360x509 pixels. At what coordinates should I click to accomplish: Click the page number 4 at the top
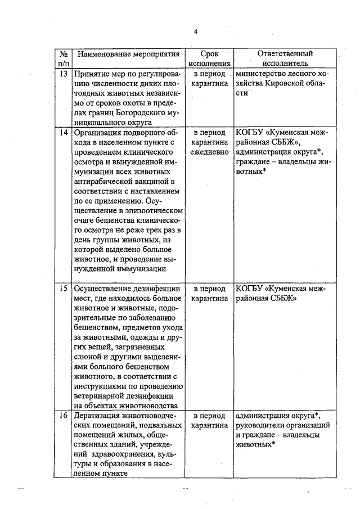click(x=196, y=31)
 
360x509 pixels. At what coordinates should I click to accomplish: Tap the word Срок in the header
click(x=210, y=54)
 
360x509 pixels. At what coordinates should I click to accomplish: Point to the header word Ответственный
click(x=285, y=54)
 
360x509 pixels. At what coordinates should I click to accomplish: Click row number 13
click(x=63, y=74)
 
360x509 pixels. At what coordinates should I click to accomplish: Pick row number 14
click(x=63, y=133)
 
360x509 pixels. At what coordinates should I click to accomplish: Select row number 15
click(x=63, y=289)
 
